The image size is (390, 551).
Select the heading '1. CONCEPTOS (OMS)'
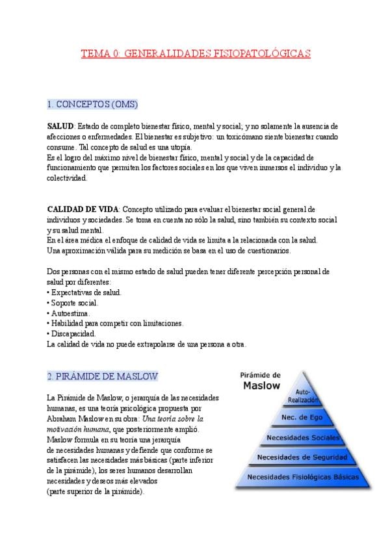tap(92, 104)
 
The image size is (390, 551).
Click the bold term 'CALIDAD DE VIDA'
tap(83, 209)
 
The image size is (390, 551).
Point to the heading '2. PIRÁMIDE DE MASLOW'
tap(102, 376)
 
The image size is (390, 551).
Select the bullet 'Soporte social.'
tap(75, 303)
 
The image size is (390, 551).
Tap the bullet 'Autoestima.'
tap(71, 313)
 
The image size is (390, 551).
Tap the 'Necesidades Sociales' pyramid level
tap(303, 438)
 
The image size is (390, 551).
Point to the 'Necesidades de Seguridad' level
tap(303, 457)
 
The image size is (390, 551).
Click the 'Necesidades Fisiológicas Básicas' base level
tap(303, 477)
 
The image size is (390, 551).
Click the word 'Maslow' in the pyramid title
tap(261, 385)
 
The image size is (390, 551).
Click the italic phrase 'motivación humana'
tap(77, 429)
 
